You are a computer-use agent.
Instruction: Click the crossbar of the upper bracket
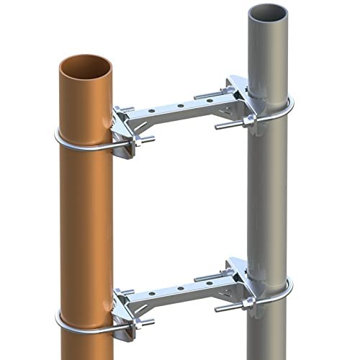[x=180, y=108]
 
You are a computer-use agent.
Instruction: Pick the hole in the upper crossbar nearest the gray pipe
[x=209, y=100]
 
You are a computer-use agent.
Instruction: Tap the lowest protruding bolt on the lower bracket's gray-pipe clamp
[x=223, y=310]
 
